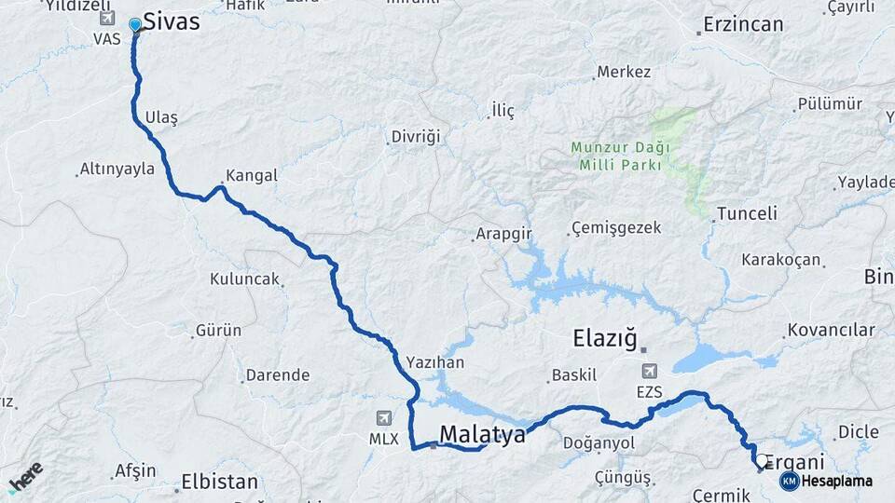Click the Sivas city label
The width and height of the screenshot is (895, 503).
coord(172,21)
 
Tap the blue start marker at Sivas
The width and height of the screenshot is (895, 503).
coord(136,25)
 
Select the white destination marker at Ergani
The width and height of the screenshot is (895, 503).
coord(763,460)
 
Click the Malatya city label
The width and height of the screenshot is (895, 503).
coord(482,434)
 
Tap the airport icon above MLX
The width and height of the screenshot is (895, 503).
coord(384,418)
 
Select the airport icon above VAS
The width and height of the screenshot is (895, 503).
coord(106,19)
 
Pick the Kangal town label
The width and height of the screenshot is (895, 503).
coord(251,175)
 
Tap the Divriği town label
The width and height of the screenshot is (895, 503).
coord(415,137)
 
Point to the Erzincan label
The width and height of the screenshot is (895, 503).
coord(743,24)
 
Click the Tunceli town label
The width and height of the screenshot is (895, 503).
coord(747,213)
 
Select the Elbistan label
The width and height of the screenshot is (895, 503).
coord(220,483)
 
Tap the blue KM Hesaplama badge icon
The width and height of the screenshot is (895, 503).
coord(789,481)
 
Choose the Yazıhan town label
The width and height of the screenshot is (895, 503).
coord(435,362)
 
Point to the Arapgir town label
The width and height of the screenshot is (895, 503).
coord(503,233)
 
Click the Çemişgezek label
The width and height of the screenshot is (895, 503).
coord(616,228)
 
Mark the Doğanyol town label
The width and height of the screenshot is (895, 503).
coord(604,443)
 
